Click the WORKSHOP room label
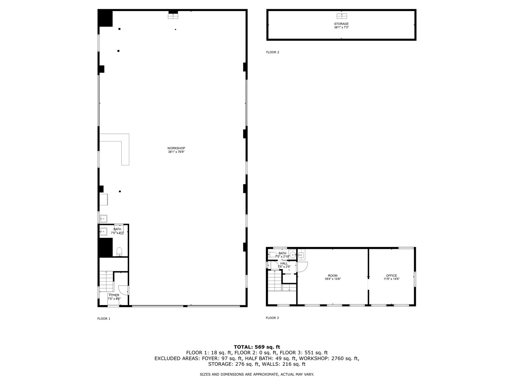click(x=176, y=150)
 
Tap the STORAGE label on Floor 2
click(x=341, y=25)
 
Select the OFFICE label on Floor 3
click(x=391, y=277)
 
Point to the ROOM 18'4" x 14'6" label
click(x=333, y=277)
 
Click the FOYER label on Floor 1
click(x=114, y=297)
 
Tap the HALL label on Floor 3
click(x=284, y=265)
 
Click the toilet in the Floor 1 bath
click(x=120, y=252)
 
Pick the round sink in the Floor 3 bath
click(x=292, y=255)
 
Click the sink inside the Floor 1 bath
click(x=103, y=231)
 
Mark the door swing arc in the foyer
click(x=122, y=291)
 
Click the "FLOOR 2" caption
click(x=272, y=52)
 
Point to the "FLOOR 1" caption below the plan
click(x=104, y=319)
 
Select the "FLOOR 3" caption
click(x=272, y=318)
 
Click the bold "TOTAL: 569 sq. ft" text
click(x=257, y=347)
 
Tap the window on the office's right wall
click(x=414, y=279)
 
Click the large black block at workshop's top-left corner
click(x=105, y=18)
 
